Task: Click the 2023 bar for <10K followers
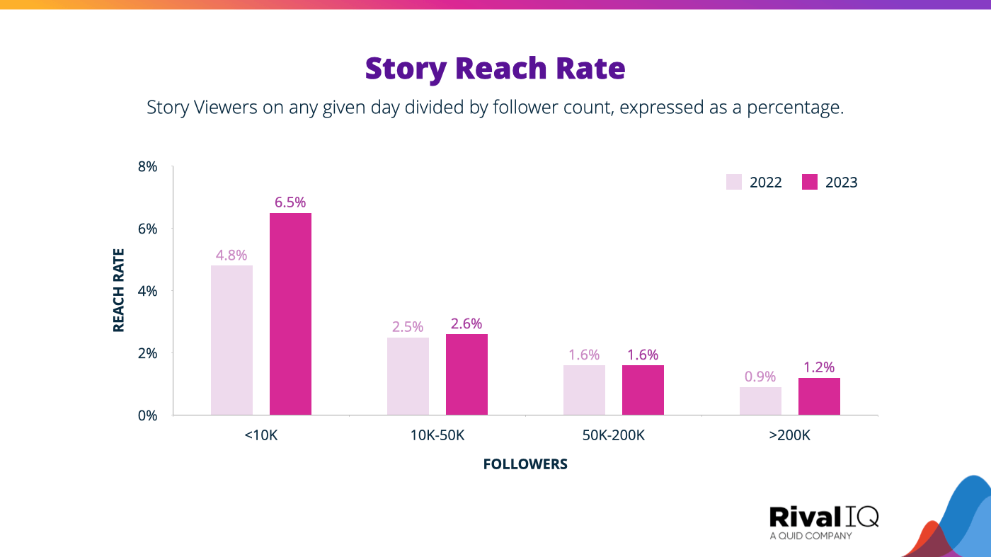click(290, 314)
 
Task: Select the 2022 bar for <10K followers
click(231, 340)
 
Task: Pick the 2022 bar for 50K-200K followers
click(584, 390)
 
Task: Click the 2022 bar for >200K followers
click(760, 401)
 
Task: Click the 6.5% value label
click(290, 202)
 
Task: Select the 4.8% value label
click(231, 255)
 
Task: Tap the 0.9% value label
click(760, 377)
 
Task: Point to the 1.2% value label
click(819, 367)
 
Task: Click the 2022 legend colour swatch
click(734, 182)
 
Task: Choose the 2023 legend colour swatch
click(810, 182)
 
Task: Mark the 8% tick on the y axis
click(147, 167)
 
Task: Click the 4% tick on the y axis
click(147, 291)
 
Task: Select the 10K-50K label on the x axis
click(437, 435)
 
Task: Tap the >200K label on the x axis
click(789, 435)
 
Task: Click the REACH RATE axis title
click(119, 290)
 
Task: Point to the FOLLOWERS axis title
click(525, 464)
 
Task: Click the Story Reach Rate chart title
click(495, 69)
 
